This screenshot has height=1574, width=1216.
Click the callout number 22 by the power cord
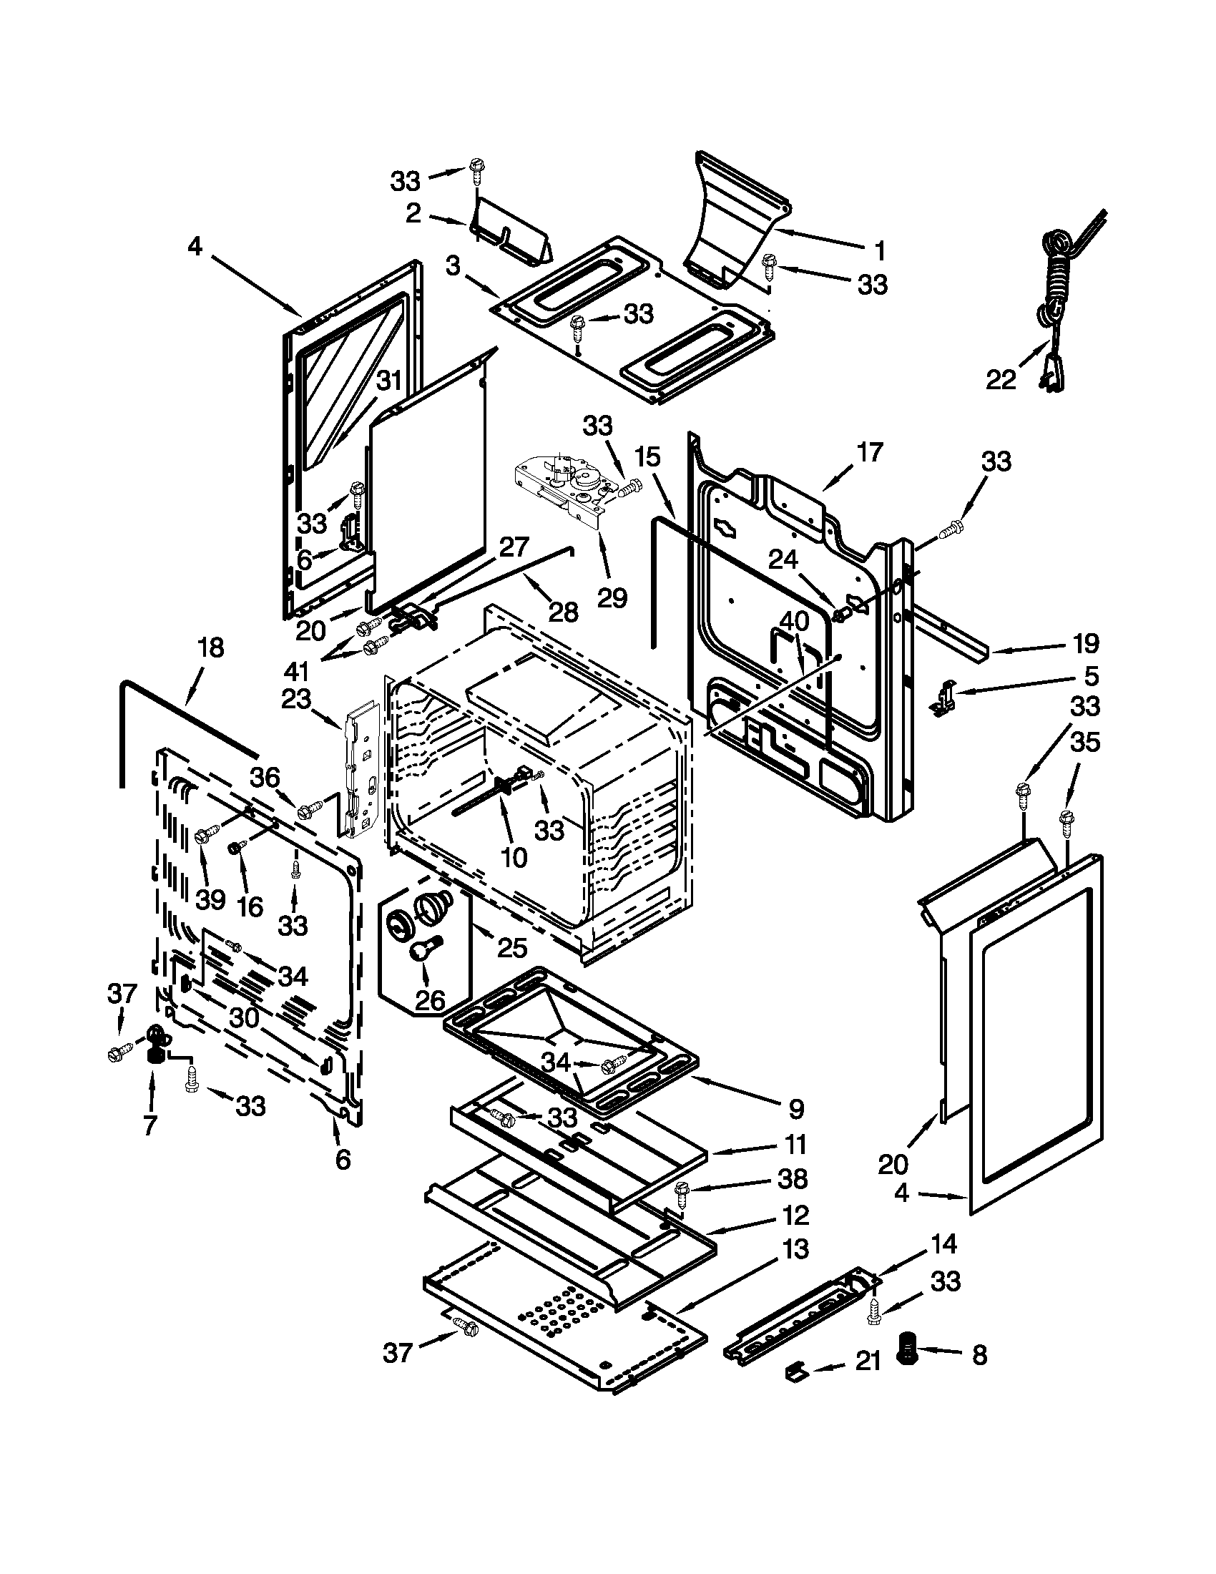tap(1000, 380)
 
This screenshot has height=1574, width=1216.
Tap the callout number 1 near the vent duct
tap(880, 251)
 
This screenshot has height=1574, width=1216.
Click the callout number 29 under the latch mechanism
tap(612, 597)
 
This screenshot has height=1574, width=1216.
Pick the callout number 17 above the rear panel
tap(870, 453)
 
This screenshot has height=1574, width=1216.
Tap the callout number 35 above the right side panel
tap(1085, 743)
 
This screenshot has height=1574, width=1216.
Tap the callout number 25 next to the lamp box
tap(511, 947)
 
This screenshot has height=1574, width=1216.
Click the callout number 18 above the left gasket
tap(210, 647)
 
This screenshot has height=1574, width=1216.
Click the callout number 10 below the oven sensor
tap(514, 856)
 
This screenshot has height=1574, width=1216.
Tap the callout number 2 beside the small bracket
tap(413, 213)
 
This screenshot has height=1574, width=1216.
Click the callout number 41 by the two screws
tap(296, 671)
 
